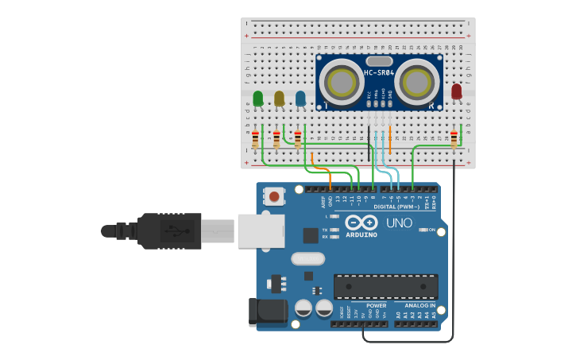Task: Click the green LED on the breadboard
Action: pos(257,99)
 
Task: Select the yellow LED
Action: pos(279,98)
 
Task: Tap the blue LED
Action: pos(300,98)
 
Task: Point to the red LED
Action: pos(456,92)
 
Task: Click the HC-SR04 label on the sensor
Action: pos(379,73)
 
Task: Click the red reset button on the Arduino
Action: pos(274,195)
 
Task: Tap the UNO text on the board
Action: pos(400,223)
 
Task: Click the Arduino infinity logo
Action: pos(361,223)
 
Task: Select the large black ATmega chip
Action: pos(385,286)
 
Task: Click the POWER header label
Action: pos(376,305)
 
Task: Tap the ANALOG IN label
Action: pos(419,305)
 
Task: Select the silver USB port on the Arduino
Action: pos(261,230)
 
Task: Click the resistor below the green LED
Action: pos(255,140)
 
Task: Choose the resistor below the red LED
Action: pos(454,139)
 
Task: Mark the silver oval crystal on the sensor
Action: pos(380,61)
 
